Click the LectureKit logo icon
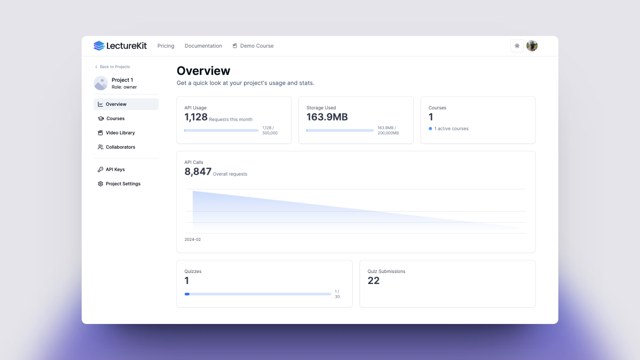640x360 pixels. (99, 46)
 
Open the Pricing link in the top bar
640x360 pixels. (166, 46)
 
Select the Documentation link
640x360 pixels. (203, 46)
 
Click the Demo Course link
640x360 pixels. (253, 46)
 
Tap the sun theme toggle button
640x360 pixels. (517, 46)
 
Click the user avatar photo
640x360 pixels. (532, 46)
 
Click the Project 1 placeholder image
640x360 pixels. (101, 83)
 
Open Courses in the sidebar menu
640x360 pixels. (115, 118)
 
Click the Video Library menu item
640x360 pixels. (120, 133)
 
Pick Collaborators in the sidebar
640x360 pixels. (120, 147)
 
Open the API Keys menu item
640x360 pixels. (115, 169)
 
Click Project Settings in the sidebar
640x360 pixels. (123, 184)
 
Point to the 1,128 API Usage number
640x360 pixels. (196, 117)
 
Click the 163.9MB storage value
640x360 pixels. (327, 117)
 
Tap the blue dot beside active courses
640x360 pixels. (430, 129)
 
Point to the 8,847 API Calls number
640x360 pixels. (198, 172)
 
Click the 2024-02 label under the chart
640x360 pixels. (193, 239)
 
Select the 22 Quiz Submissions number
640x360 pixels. (373, 281)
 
